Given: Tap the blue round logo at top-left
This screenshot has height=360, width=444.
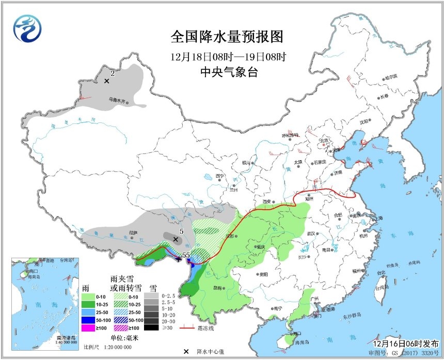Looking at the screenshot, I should coord(26,28).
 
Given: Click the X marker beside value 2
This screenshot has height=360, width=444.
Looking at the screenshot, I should coord(107,81).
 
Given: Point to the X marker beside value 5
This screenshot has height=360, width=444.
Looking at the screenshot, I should coord(176,240).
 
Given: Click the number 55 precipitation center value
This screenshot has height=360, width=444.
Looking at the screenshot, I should coord(186,255).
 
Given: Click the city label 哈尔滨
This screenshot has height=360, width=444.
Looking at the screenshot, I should coord(391,76).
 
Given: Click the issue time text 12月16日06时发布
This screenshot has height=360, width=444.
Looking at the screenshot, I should coord(406,343).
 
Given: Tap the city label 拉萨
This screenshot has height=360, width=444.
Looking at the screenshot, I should coord(134,233).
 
